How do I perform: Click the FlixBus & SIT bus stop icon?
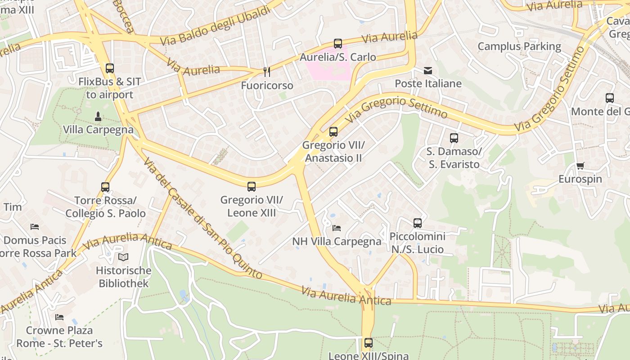[x=109, y=68]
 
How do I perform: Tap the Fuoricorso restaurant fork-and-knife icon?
[x=267, y=72]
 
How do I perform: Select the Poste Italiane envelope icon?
[x=427, y=70]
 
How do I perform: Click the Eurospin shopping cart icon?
[x=580, y=166]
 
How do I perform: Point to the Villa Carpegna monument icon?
[x=98, y=117]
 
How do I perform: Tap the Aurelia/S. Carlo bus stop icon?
[x=337, y=44]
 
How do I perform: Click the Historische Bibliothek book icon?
[x=123, y=257]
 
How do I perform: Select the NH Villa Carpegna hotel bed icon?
[x=337, y=228]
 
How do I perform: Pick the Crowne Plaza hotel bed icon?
[x=59, y=317]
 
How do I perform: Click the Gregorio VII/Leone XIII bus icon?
[x=252, y=186]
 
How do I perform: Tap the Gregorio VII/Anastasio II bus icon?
[x=333, y=132]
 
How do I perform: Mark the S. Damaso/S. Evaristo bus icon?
[x=454, y=138]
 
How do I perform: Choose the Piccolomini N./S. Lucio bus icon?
[x=417, y=223]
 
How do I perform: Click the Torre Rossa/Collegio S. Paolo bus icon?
[x=105, y=187]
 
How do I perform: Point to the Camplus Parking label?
[x=519, y=46]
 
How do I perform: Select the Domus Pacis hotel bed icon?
[x=35, y=227]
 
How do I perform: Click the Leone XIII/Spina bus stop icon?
[x=368, y=343]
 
